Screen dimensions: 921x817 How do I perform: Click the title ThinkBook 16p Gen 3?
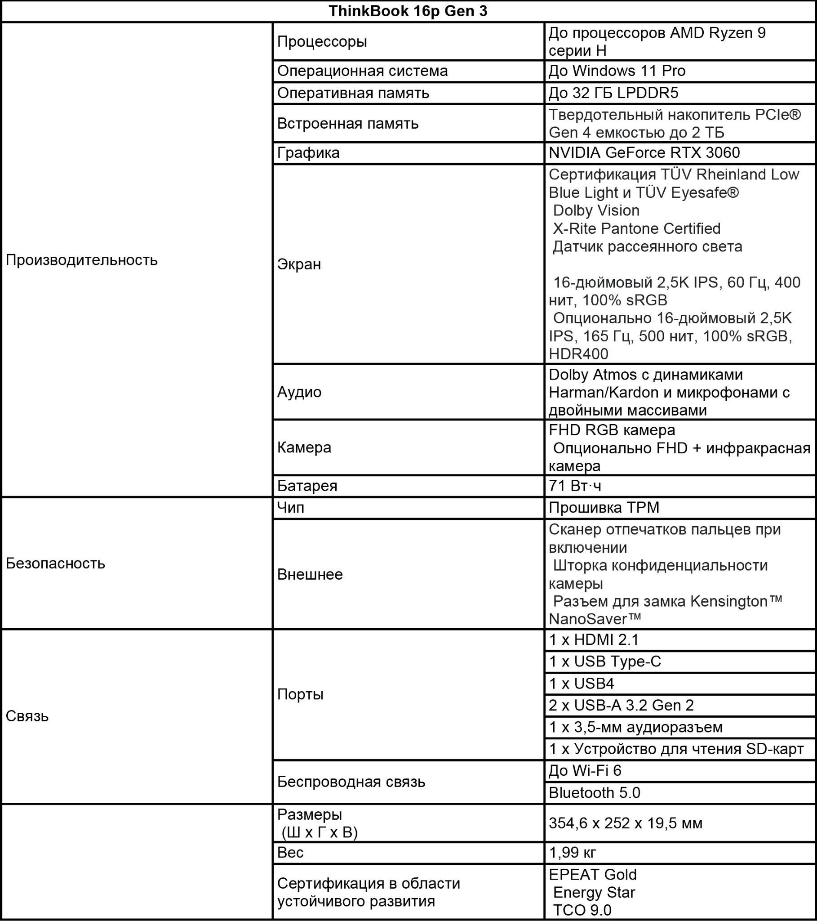click(x=408, y=11)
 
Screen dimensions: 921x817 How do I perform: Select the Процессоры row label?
click(x=322, y=41)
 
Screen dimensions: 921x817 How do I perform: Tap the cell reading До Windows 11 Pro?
click(x=617, y=71)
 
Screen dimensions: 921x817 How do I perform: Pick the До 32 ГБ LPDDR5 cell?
click(x=613, y=93)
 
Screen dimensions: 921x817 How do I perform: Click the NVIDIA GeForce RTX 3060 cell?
click(x=644, y=153)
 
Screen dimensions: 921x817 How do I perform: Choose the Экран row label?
click(x=299, y=264)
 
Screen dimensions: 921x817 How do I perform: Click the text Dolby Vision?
click(x=596, y=210)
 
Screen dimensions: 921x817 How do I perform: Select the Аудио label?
click(x=299, y=392)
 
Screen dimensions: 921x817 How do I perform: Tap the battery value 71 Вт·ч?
click(x=575, y=486)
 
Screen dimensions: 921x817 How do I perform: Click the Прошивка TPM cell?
click(x=604, y=508)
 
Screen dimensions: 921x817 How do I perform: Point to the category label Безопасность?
click(x=55, y=563)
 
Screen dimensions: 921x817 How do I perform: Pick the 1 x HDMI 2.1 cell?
click(x=594, y=639)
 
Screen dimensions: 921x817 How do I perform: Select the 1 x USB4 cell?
click(x=581, y=684)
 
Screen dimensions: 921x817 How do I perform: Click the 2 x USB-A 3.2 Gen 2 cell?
click(x=621, y=705)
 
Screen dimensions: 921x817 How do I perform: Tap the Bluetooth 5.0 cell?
click(x=594, y=792)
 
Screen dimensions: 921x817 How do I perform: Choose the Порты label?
click(x=300, y=694)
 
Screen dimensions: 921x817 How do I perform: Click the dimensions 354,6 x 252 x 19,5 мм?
click(x=625, y=823)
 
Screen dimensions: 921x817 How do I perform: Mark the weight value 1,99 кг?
click(x=572, y=853)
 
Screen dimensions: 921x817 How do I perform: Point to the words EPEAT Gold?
click(x=592, y=875)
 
